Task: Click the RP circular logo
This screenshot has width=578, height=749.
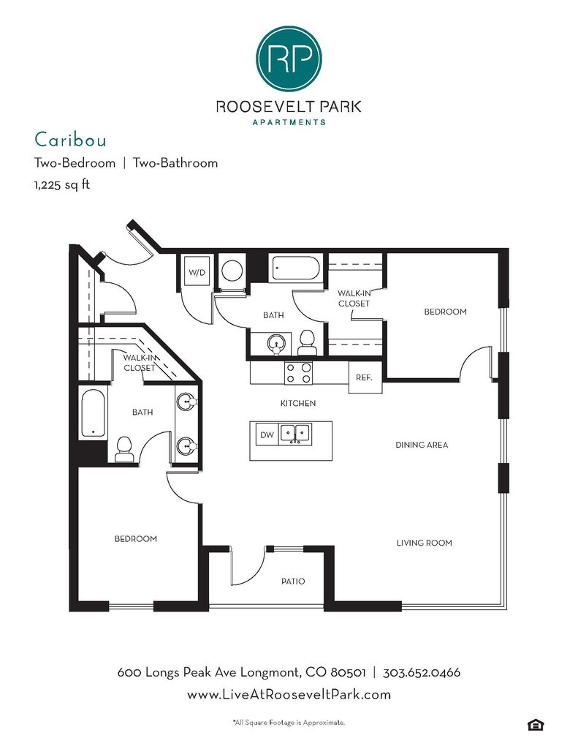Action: pos(289,59)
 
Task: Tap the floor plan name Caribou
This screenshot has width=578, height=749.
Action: pos(71,140)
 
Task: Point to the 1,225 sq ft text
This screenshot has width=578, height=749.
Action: pos(62,184)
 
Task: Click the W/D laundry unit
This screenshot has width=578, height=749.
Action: pos(197,273)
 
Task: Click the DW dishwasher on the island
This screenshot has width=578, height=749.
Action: pos(267,434)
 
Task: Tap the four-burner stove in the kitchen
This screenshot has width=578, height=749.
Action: pos(299,372)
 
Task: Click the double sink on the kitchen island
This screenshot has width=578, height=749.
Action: pos(295,434)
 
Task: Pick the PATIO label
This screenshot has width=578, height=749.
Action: pos(293,581)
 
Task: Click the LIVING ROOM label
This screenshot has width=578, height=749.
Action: pos(425,543)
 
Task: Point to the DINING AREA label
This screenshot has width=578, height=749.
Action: pos(422,445)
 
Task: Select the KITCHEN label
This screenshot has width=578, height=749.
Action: pos(298,403)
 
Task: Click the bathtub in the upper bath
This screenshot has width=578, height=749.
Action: pos(296,268)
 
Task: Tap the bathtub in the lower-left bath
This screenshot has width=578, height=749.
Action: pos(93,414)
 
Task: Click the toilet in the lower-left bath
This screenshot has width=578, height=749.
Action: pos(124,449)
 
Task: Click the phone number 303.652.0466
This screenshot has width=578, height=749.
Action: pos(422,673)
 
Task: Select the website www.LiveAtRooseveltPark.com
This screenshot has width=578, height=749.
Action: pos(289,694)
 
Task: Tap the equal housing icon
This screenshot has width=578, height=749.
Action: pos(536,725)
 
